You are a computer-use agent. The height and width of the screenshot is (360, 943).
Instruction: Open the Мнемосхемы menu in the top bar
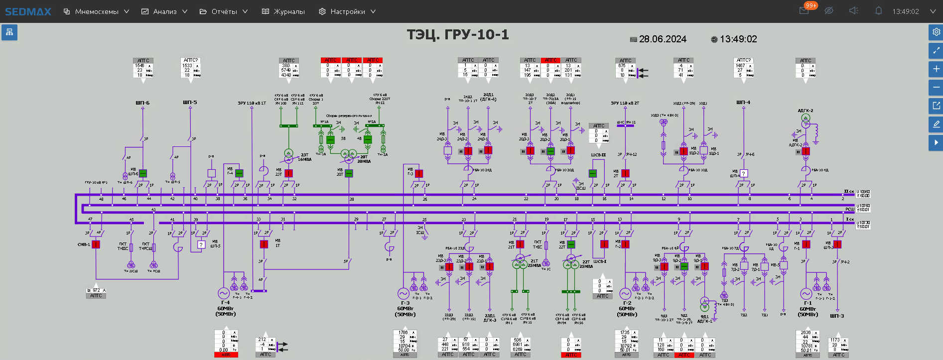[x=96, y=11]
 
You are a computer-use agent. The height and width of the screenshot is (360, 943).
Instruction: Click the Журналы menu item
[x=283, y=11]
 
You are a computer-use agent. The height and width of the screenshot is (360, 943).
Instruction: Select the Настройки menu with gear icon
[x=347, y=11]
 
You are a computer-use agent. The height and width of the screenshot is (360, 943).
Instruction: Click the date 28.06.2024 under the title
[x=662, y=39]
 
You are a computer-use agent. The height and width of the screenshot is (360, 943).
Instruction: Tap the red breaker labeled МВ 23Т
[x=288, y=173]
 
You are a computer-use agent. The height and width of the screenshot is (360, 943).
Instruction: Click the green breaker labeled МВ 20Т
[x=349, y=173]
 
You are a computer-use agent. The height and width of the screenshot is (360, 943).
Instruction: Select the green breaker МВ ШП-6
[x=143, y=173]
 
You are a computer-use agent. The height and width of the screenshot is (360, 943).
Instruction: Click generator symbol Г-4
[x=223, y=293]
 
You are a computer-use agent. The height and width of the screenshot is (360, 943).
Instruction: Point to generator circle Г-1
[x=806, y=294]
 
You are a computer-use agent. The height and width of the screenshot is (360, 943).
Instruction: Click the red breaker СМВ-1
[x=96, y=244]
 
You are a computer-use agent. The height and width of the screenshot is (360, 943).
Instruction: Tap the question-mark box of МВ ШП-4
[x=744, y=173]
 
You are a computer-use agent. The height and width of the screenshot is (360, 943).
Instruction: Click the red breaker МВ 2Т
[x=626, y=173]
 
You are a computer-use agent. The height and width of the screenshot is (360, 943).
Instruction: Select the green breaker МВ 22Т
[x=571, y=244]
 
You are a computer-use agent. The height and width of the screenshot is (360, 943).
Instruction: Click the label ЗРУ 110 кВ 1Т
[x=252, y=103]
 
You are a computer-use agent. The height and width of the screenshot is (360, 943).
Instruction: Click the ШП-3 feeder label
[x=837, y=316]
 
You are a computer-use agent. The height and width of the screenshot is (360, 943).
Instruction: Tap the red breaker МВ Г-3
[x=419, y=173]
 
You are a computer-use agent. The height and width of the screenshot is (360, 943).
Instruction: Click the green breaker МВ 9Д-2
[x=684, y=266]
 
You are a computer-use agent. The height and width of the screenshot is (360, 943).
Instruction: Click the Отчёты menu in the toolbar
[x=224, y=11]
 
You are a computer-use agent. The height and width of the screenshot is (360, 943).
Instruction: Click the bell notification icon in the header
[x=879, y=11]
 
